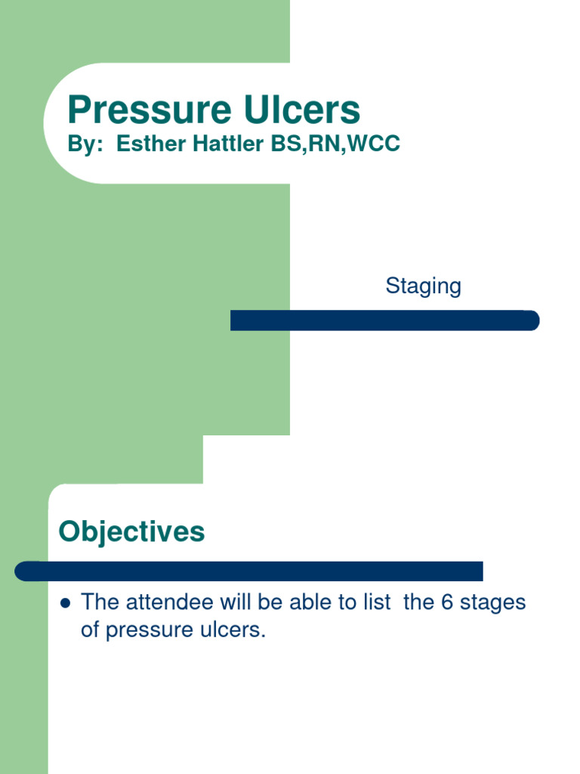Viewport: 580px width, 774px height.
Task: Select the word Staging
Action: [x=423, y=286]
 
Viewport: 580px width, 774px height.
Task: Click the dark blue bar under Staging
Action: [x=384, y=320]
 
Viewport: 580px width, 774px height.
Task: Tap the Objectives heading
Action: [x=131, y=531]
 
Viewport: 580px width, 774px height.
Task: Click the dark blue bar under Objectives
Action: [x=248, y=571]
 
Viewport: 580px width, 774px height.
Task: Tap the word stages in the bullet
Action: [x=494, y=604]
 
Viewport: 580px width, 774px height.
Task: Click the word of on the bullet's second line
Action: [x=90, y=630]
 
